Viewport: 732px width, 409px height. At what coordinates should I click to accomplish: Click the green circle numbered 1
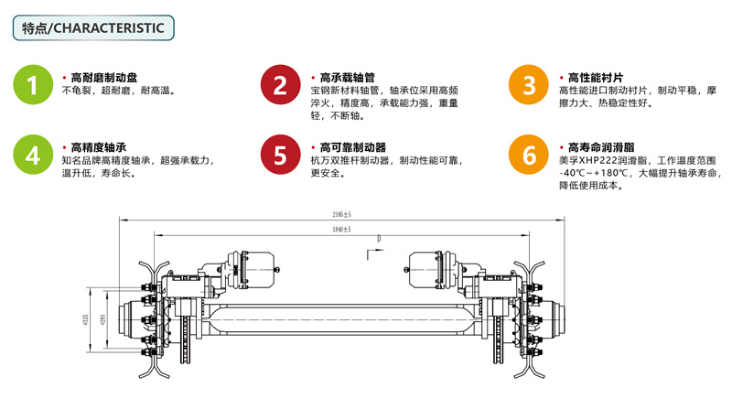[x=33, y=86]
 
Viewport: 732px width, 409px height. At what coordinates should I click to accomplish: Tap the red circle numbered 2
[x=280, y=86]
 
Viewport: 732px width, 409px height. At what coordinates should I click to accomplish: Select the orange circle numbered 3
[x=528, y=86]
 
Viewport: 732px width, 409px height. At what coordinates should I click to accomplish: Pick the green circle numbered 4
[x=33, y=155]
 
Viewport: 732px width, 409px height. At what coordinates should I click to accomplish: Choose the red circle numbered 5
[x=280, y=155]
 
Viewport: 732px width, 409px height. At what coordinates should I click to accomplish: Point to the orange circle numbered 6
[x=528, y=155]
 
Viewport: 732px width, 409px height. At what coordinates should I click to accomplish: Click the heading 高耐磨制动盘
[x=104, y=78]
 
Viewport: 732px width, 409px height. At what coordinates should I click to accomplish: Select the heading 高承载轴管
[x=348, y=78]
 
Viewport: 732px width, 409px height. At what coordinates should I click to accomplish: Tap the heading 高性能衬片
[x=596, y=78]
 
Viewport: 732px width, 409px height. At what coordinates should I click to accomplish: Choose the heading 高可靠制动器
[x=353, y=146]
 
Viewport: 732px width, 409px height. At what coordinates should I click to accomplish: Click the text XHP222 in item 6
[x=602, y=160]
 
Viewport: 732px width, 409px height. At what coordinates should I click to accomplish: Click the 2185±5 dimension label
[x=342, y=215]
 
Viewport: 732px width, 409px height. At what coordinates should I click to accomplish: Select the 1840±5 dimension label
[x=342, y=229]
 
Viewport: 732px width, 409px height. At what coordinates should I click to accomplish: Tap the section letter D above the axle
[x=377, y=240]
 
